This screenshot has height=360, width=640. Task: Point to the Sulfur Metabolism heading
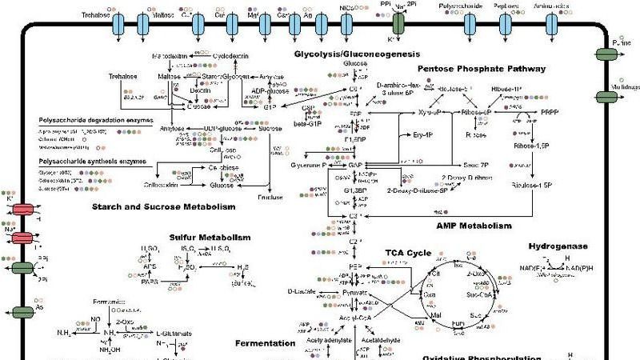click(x=210, y=238)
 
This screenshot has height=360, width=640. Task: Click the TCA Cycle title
click(x=407, y=253)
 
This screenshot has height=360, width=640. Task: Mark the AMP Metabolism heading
click(x=474, y=226)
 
